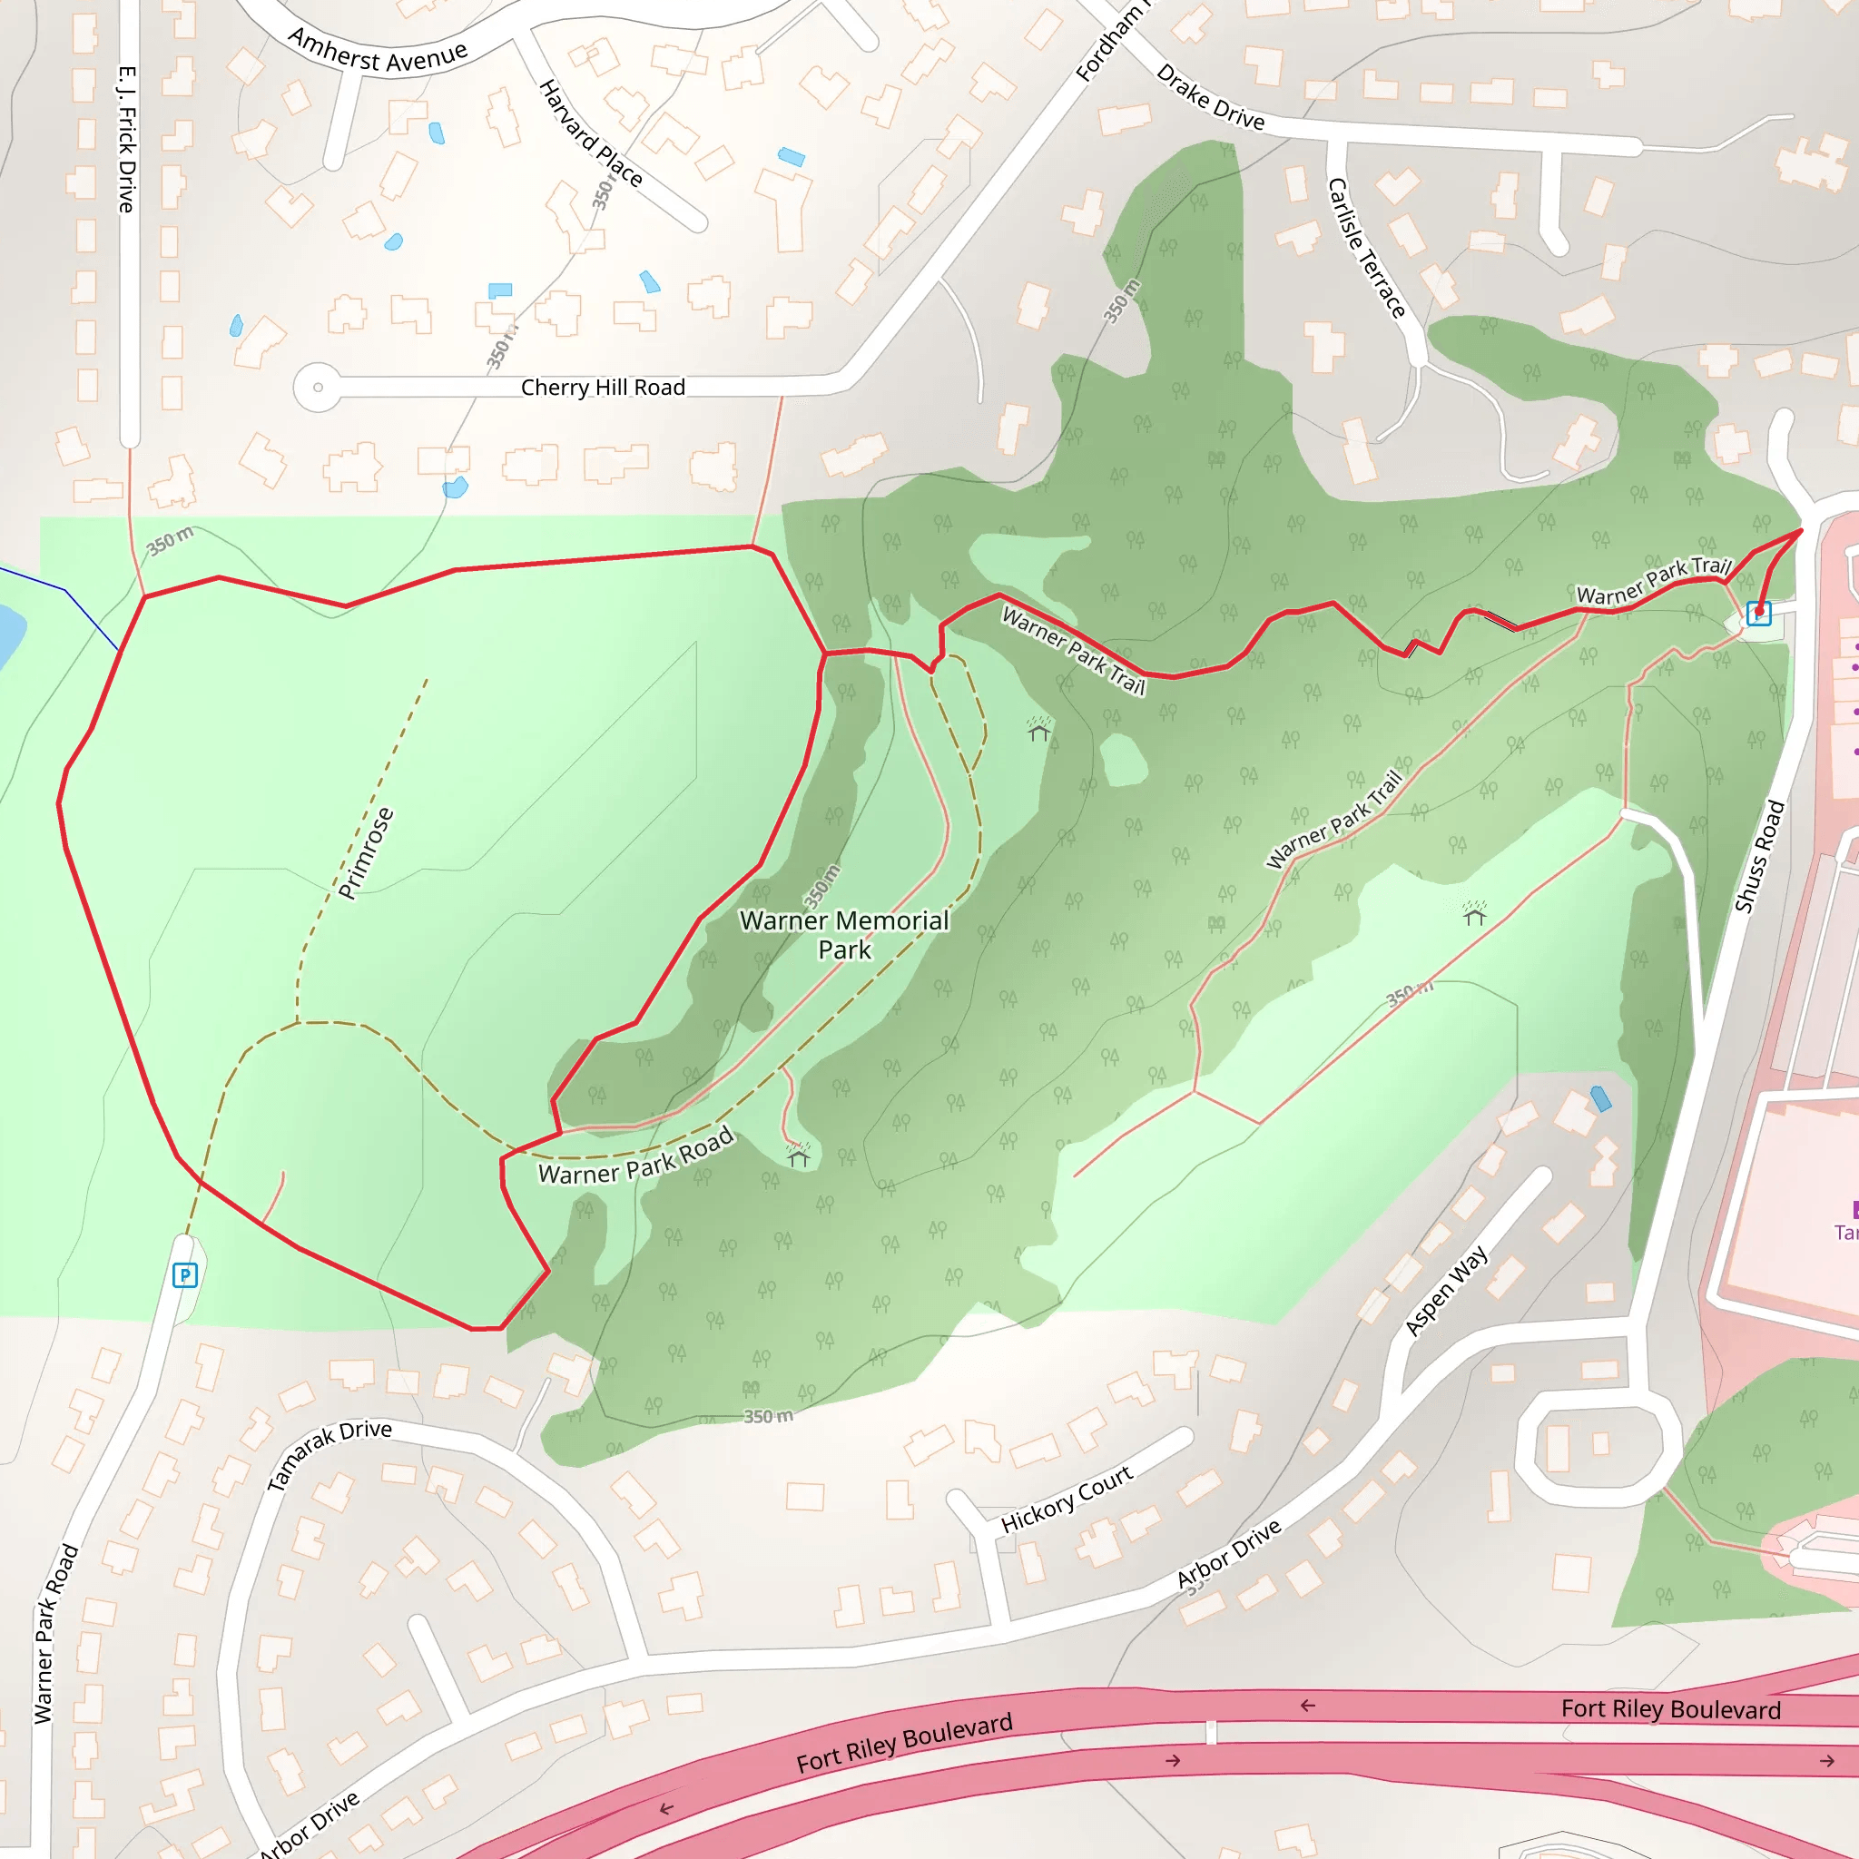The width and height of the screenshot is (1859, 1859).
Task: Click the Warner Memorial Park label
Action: click(844, 934)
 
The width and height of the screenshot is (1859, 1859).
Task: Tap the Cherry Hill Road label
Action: click(603, 388)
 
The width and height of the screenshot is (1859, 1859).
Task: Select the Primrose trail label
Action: click(367, 852)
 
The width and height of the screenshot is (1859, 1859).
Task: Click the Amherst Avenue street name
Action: click(378, 53)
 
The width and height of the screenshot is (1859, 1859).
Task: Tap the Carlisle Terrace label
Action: click(1365, 247)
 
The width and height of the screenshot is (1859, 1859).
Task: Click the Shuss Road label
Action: click(1759, 856)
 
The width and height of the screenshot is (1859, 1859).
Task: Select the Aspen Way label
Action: click(1445, 1292)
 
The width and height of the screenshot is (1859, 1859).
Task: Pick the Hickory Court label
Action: click(1067, 1500)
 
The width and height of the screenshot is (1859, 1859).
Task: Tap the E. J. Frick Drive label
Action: click(127, 140)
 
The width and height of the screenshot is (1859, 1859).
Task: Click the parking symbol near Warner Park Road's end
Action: click(185, 1276)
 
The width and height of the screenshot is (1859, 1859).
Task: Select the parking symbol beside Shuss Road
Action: click(1758, 613)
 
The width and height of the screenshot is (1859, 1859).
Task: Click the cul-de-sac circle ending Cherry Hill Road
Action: click(318, 388)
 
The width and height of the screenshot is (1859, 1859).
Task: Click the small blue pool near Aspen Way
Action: click(1600, 1099)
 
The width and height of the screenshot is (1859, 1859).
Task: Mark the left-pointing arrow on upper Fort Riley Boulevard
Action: click(1308, 1706)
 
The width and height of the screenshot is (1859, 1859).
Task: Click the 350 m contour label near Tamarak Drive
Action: click(768, 1416)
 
